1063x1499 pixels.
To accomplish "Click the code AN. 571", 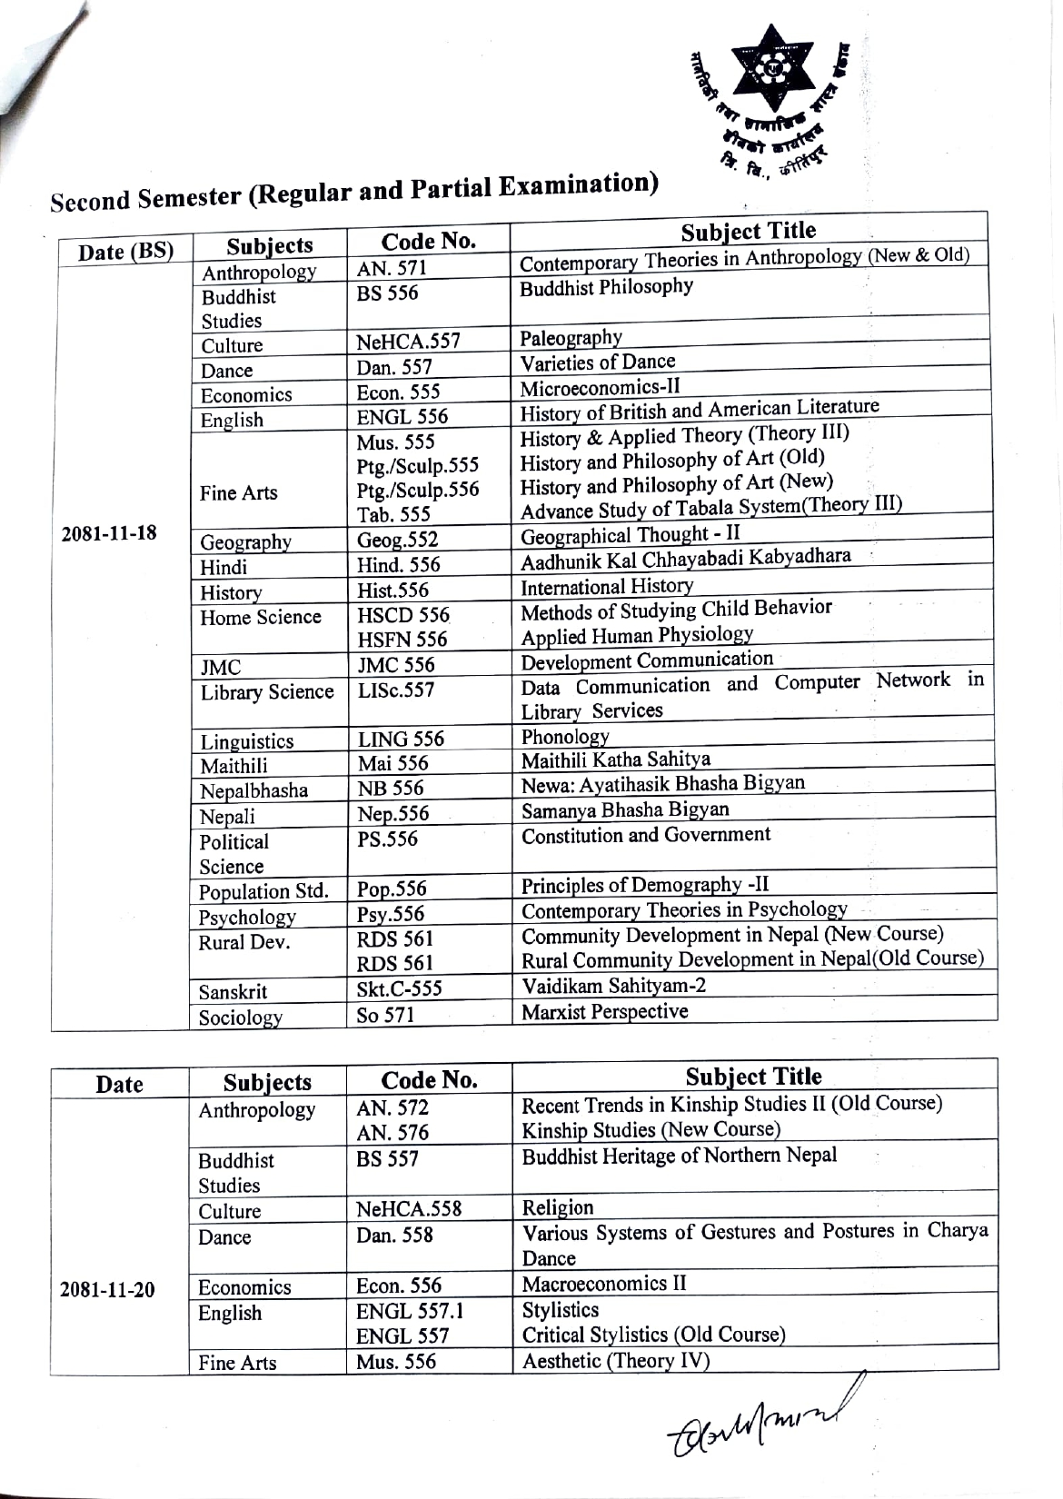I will tap(392, 268).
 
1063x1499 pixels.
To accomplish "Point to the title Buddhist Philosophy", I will tap(606, 288).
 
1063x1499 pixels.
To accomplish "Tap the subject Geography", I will tap(245, 543).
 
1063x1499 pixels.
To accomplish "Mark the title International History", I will tap(606, 587).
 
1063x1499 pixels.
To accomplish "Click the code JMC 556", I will tap(396, 665).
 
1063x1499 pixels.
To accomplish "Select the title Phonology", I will tap(565, 737).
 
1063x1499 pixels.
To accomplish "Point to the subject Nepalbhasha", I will tap(253, 790).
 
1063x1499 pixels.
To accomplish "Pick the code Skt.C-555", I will tap(399, 989).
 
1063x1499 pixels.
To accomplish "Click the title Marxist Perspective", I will tap(604, 1012).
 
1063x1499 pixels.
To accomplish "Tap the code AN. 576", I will tap(392, 1133).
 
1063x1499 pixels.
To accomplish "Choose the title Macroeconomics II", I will tap(604, 1284).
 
